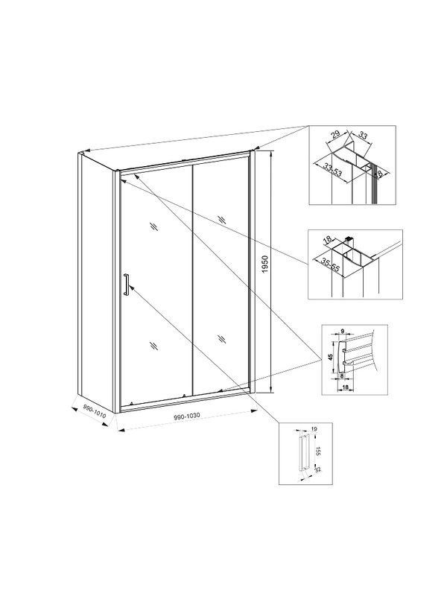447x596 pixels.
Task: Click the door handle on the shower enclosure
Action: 127,285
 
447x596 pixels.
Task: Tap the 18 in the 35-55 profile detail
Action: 326,241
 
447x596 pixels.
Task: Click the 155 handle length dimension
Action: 317,452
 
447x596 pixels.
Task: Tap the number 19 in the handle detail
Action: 317,431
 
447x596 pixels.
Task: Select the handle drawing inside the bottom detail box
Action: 302,451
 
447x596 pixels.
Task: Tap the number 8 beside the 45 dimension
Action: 343,377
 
